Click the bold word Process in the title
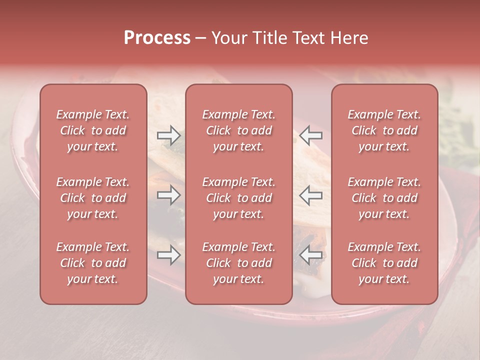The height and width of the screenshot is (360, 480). pyautogui.click(x=157, y=38)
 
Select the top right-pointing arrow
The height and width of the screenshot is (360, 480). pyautogui.click(x=168, y=135)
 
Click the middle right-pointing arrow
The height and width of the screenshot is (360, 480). pyautogui.click(x=168, y=195)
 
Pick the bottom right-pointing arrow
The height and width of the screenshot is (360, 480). pyautogui.click(x=168, y=255)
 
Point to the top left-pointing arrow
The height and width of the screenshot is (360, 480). pyautogui.click(x=311, y=135)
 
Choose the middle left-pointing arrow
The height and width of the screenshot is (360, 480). pyautogui.click(x=311, y=195)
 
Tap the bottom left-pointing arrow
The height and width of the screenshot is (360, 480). pyautogui.click(x=311, y=255)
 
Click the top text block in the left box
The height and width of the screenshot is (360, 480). pyautogui.click(x=93, y=130)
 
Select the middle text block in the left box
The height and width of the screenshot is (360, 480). pyautogui.click(x=93, y=198)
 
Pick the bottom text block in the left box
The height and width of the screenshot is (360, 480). pyautogui.click(x=93, y=263)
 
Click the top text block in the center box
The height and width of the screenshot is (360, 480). pyautogui.click(x=238, y=130)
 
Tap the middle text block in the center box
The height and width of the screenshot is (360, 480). pyautogui.click(x=238, y=198)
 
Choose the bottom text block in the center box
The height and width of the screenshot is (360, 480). pyautogui.click(x=238, y=263)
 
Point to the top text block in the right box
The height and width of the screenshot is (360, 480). pyautogui.click(x=384, y=130)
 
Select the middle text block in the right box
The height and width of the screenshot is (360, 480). pyautogui.click(x=384, y=198)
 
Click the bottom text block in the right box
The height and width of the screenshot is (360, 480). pyautogui.click(x=384, y=263)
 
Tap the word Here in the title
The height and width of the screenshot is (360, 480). pyautogui.click(x=350, y=38)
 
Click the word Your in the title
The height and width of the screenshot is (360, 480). pyautogui.click(x=227, y=38)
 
